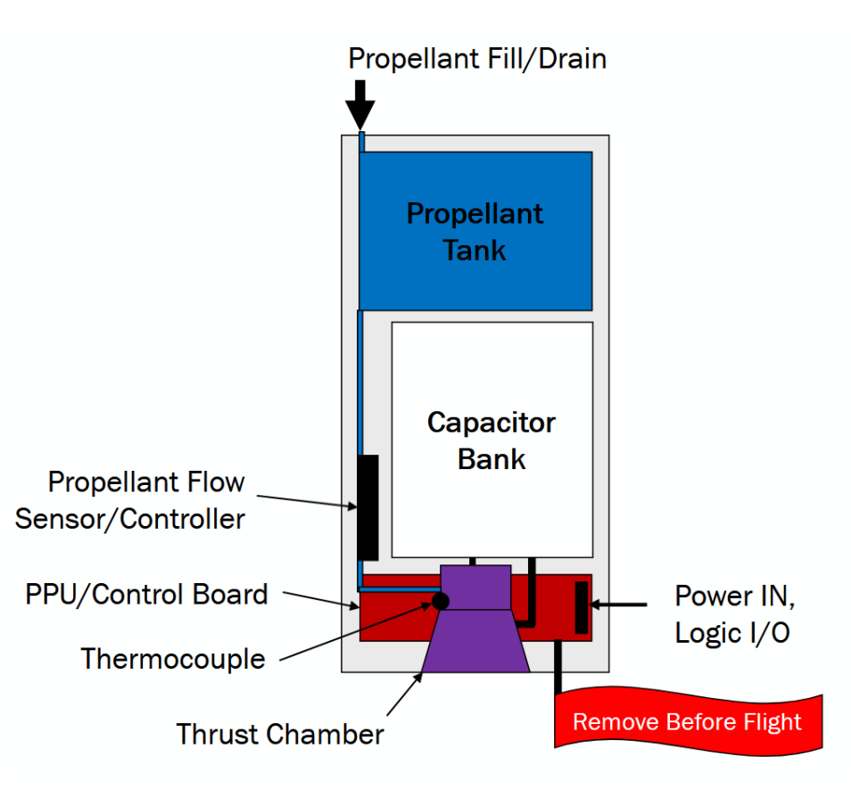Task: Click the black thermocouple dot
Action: (x=441, y=600)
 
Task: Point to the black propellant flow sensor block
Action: (x=368, y=507)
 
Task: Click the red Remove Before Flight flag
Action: (x=687, y=721)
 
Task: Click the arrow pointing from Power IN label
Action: (x=619, y=605)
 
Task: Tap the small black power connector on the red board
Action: (x=582, y=607)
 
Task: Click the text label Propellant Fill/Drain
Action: (x=476, y=59)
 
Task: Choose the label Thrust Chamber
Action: (x=280, y=735)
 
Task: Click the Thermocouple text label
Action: (x=173, y=659)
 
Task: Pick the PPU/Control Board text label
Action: (x=146, y=594)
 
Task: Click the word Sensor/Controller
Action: (x=129, y=519)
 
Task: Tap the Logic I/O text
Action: (x=731, y=633)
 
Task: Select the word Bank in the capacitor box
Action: (x=492, y=459)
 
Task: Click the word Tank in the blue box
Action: (x=475, y=250)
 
